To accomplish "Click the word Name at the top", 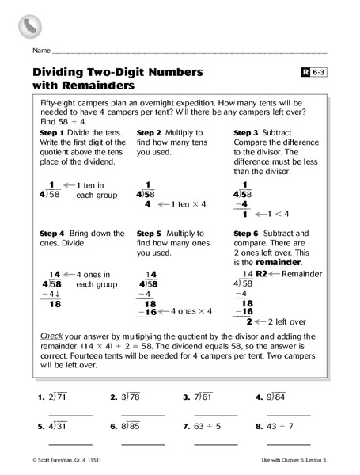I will pos(42,50).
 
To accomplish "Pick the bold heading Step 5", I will pos(150,233).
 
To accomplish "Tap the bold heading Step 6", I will pos(248,233).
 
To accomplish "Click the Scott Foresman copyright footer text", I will pos(66,460).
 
